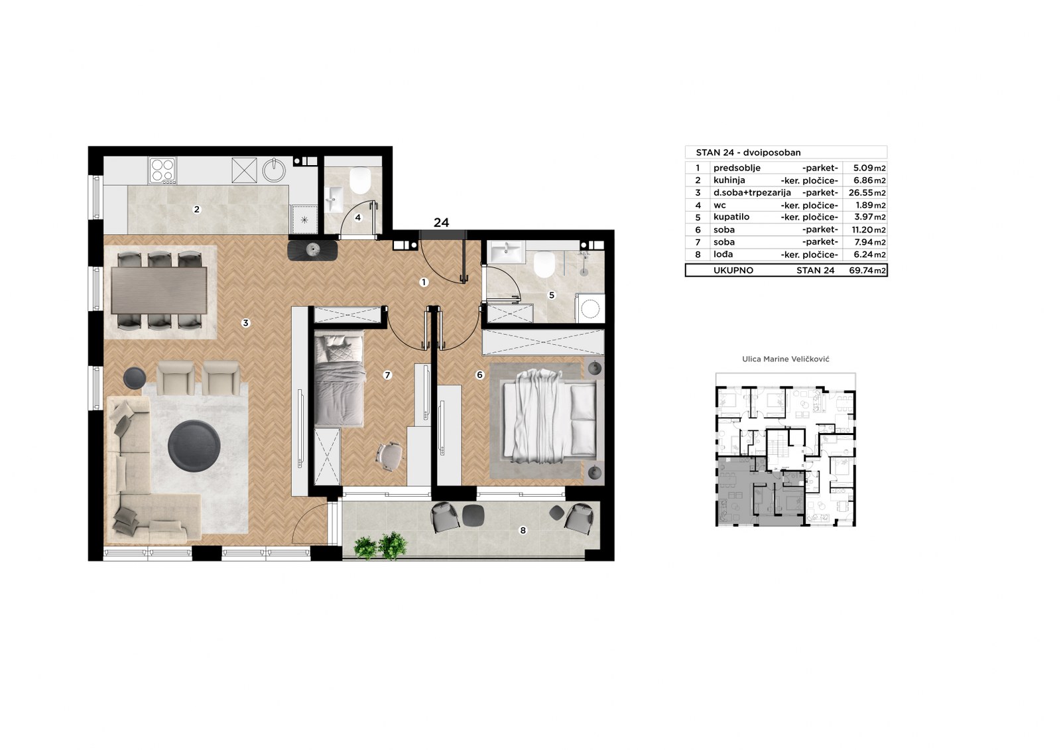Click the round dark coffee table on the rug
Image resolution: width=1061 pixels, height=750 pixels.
click(x=194, y=446)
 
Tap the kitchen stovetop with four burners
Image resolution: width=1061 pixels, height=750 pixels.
click(x=162, y=170)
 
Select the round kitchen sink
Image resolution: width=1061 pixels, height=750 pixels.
click(x=275, y=170)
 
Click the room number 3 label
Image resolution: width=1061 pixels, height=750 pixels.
click(x=245, y=323)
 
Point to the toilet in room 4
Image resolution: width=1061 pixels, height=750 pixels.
click(x=360, y=181)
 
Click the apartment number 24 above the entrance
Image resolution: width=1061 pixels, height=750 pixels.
click(x=442, y=222)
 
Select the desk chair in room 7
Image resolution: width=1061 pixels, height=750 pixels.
click(x=389, y=456)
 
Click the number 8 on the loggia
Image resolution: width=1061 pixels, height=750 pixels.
click(x=523, y=530)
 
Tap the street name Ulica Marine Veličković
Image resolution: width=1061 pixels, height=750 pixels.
click(x=786, y=359)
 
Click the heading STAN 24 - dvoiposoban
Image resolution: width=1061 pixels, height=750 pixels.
click(x=749, y=153)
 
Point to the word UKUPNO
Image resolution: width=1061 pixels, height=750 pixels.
click(x=733, y=271)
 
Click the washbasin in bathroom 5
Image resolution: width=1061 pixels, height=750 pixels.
click(x=507, y=251)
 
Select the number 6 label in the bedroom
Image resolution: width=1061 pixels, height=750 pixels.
click(x=480, y=375)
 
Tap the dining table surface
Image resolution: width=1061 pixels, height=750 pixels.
click(x=159, y=290)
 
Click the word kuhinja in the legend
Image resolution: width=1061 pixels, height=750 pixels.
click(x=729, y=180)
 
